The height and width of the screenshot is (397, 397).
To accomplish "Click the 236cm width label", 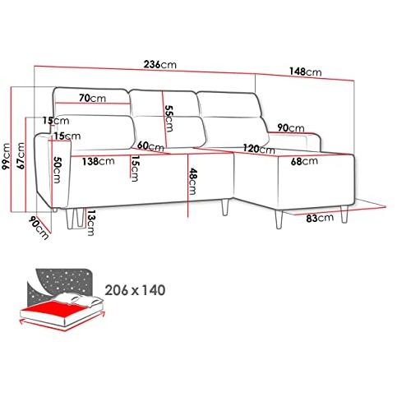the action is pyautogui.click(x=160, y=65).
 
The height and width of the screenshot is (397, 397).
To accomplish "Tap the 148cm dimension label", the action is pyautogui.click(x=305, y=72).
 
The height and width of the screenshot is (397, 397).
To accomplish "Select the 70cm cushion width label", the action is pyautogui.click(x=92, y=98).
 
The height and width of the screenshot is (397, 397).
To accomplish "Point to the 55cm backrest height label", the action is pyautogui.click(x=169, y=118).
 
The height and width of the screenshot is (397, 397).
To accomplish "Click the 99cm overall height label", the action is pyautogui.click(x=6, y=156).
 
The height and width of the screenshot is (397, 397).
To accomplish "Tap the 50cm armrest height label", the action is pyautogui.click(x=57, y=170).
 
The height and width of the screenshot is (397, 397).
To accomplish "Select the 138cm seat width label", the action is pyautogui.click(x=99, y=161).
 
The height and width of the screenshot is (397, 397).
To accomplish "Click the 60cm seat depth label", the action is pyautogui.click(x=150, y=146).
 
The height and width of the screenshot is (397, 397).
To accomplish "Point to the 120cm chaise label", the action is pyautogui.click(x=259, y=149).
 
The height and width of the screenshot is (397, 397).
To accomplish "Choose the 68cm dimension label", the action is pyautogui.click(x=304, y=161).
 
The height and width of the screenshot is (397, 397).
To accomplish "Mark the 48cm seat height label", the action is pyautogui.click(x=192, y=182).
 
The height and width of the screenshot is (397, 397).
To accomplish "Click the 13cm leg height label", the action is pyautogui.click(x=90, y=223).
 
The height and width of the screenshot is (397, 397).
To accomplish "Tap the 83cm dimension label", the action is pyautogui.click(x=320, y=218).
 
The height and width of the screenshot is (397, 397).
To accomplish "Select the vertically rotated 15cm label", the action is pyautogui.click(x=134, y=168).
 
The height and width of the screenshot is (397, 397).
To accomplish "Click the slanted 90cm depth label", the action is pyautogui.click(x=39, y=228).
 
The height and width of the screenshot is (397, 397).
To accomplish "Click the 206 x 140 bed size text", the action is pyautogui.click(x=136, y=290).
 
